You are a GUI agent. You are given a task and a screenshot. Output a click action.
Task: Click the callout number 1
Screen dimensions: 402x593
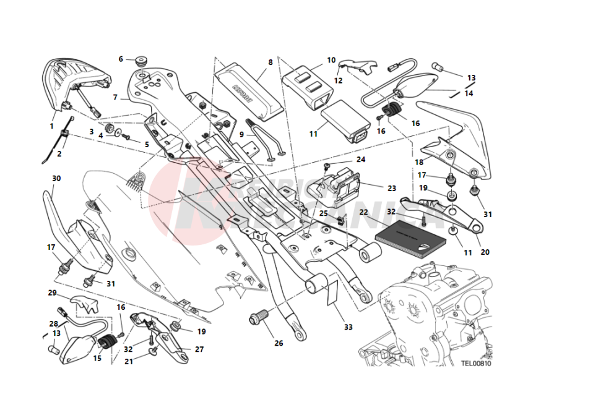point(51,126)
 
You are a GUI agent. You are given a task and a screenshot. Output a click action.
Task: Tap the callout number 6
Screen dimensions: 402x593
point(121,59)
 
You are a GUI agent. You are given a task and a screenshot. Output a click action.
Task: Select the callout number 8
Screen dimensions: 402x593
point(271,62)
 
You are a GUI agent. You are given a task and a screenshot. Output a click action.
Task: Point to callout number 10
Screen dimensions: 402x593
point(331,60)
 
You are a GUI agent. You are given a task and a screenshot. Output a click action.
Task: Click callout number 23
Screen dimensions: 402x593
point(391,189)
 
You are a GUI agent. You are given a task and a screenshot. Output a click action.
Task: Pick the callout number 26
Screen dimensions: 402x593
point(279,343)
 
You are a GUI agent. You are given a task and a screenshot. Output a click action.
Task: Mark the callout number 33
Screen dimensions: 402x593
point(348,327)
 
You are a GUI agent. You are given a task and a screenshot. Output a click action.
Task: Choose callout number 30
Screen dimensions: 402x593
point(56,179)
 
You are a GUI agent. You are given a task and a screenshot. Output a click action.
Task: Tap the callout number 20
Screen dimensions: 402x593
point(485,252)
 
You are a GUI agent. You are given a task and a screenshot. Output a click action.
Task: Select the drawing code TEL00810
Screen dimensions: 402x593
point(475,364)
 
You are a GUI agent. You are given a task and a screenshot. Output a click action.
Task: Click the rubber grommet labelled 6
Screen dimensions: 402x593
point(141,61)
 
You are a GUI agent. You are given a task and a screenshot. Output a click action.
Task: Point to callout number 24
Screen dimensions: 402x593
point(361,160)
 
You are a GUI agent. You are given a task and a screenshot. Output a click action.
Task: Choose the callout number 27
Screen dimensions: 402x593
point(199,349)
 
